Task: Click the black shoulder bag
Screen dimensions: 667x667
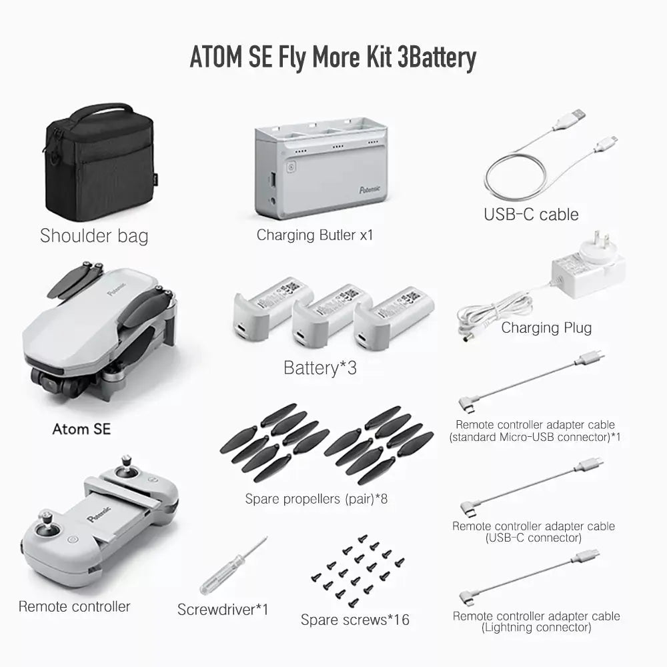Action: (99, 163)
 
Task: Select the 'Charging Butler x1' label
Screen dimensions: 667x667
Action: (315, 235)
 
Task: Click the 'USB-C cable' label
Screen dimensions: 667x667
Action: (531, 214)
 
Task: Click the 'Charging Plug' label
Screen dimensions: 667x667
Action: (546, 327)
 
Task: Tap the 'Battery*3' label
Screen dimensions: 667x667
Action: (320, 368)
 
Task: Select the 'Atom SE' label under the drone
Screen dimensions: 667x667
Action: (81, 429)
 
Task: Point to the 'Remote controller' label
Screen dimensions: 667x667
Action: (75, 606)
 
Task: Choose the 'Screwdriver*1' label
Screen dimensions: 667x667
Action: (223, 609)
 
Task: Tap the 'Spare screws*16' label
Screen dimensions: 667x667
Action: (355, 620)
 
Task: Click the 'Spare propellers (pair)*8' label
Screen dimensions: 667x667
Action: (316, 498)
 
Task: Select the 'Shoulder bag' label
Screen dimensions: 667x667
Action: (94, 235)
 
